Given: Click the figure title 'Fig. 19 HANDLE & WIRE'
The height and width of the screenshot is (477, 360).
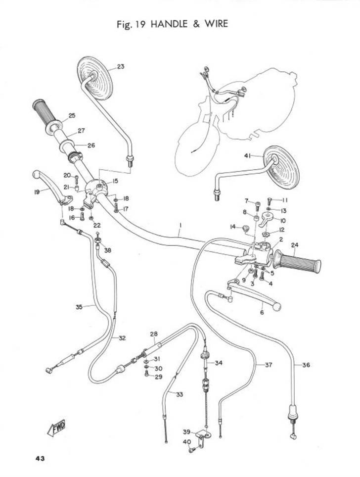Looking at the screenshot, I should (172, 23).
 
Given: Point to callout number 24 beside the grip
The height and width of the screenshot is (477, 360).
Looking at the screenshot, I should (295, 244).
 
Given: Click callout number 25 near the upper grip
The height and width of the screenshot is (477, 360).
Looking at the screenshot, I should (72, 116).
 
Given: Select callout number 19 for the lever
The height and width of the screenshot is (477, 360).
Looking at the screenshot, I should (37, 193).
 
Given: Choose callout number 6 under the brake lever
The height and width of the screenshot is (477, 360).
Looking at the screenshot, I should (262, 313).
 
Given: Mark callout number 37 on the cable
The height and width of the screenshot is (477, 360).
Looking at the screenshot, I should (268, 365).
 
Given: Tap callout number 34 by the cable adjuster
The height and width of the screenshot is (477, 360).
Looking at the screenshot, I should (218, 363).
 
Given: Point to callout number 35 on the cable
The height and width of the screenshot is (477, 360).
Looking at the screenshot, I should (79, 307).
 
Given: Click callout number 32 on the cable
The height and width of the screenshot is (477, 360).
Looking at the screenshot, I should (122, 338).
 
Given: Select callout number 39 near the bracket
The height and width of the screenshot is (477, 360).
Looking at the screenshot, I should (186, 431).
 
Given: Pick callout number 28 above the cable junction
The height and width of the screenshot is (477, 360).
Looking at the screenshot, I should (153, 334).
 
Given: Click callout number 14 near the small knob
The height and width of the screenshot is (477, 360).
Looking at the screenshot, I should (232, 227).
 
